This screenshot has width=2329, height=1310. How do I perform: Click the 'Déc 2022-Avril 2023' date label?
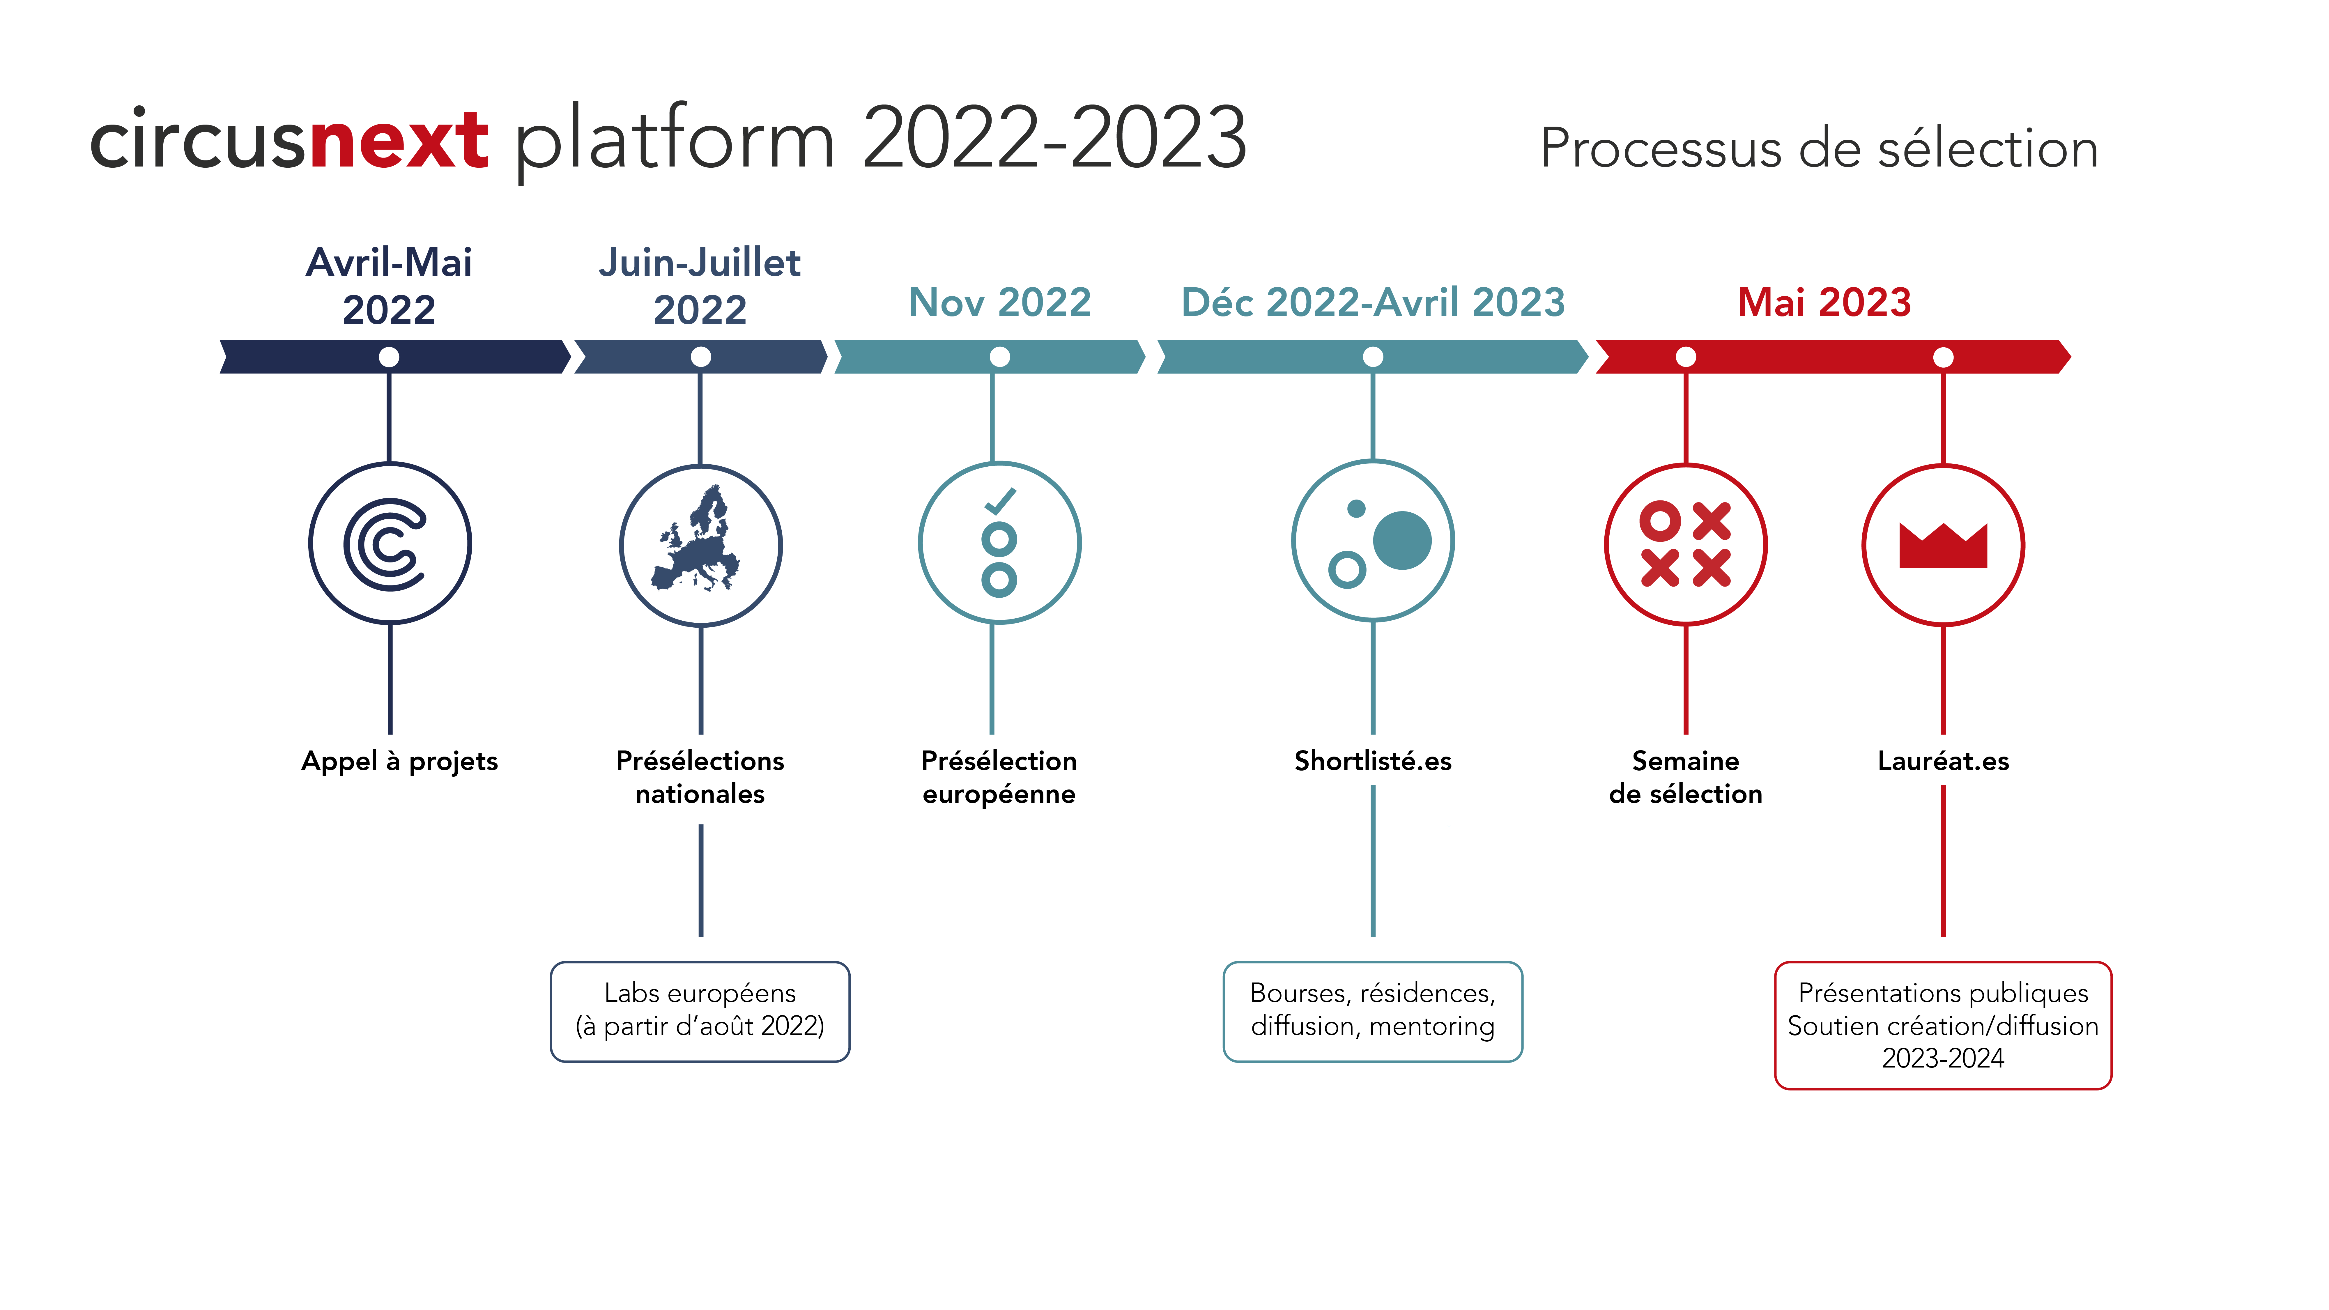click(x=1372, y=302)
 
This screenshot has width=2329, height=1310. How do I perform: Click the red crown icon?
click(x=1943, y=545)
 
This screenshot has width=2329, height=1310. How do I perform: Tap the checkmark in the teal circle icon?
click(x=1000, y=501)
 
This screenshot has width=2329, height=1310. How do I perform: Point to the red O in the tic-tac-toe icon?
click(x=1660, y=521)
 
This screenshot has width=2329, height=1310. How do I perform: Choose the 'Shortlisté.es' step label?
click(x=1372, y=761)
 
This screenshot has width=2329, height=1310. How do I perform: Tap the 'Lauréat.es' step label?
click(x=1943, y=761)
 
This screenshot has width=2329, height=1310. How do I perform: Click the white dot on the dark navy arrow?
click(x=389, y=357)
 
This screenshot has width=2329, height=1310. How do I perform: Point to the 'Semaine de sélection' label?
click(x=1685, y=778)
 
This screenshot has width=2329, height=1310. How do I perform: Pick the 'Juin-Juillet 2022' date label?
click(x=700, y=286)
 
